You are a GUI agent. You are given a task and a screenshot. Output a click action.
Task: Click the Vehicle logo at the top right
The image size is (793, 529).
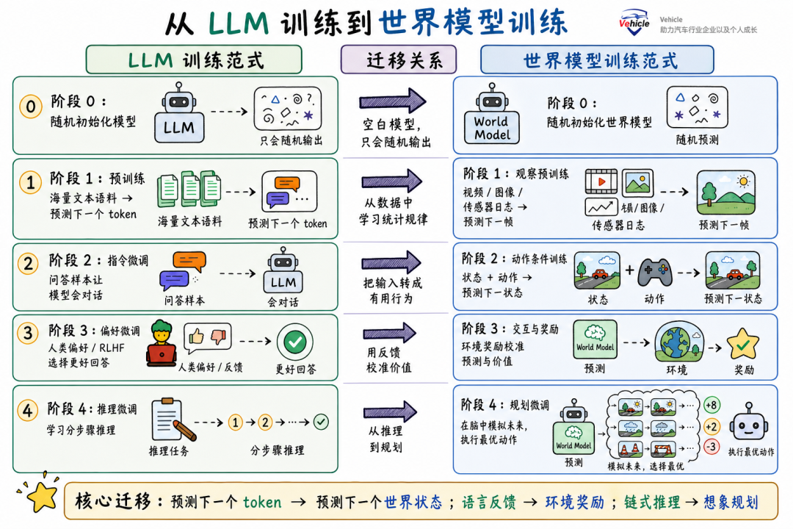click(x=634, y=22)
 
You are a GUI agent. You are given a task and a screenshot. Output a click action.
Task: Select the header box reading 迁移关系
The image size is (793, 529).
click(x=399, y=60)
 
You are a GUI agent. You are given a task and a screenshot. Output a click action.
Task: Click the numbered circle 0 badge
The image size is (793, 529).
click(x=30, y=107)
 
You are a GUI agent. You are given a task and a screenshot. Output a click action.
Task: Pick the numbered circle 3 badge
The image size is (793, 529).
click(x=28, y=333)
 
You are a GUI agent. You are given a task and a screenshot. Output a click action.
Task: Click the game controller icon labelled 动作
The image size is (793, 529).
click(x=655, y=273)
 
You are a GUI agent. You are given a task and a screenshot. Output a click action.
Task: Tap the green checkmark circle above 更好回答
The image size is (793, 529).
click(x=295, y=342)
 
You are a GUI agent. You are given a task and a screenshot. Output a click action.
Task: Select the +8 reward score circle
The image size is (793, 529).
click(x=711, y=405)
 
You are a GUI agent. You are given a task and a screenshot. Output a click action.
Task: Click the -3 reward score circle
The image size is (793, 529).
click(x=711, y=447)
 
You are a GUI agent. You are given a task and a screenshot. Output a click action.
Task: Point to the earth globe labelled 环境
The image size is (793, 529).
click(x=678, y=343)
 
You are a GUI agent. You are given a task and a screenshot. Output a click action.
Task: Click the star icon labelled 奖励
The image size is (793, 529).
click(x=743, y=345)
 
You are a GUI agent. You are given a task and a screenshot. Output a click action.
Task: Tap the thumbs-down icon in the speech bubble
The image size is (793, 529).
click(x=219, y=336)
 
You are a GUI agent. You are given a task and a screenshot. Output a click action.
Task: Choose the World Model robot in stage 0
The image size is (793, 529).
click(x=491, y=115)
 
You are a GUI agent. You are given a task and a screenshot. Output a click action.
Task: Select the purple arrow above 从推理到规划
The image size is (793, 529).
click(x=389, y=411)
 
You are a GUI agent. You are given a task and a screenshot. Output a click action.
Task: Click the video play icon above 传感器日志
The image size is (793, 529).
click(x=601, y=181)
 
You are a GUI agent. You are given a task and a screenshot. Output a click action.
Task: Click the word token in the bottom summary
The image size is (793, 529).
click(x=262, y=502)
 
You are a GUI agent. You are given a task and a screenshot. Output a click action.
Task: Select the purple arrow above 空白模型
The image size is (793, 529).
click(x=392, y=101)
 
